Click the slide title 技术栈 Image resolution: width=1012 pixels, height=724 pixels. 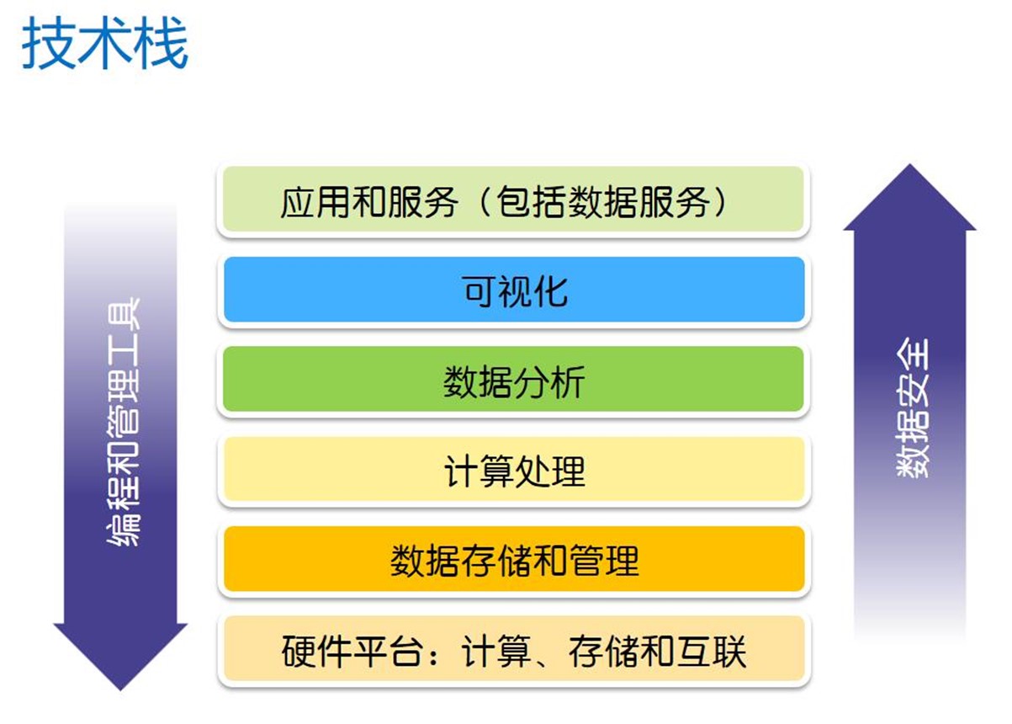click(x=105, y=43)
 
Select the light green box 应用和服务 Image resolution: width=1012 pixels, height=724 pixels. click(x=514, y=199)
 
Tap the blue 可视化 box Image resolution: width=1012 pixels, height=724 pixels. click(x=514, y=290)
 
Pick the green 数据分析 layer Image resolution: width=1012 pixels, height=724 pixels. click(x=514, y=379)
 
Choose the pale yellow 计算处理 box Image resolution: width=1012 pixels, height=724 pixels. click(x=514, y=469)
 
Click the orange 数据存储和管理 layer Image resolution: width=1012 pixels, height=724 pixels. click(x=514, y=559)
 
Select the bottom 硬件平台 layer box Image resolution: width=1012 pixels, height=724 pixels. click(x=514, y=648)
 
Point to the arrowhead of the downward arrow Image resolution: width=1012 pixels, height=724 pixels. click(x=120, y=690)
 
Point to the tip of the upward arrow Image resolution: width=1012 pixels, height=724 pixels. click(x=909, y=164)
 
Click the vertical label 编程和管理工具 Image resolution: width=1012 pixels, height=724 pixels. click(x=124, y=422)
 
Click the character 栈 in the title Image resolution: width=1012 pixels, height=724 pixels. click(x=161, y=43)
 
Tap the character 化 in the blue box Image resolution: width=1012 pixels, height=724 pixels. click(x=549, y=291)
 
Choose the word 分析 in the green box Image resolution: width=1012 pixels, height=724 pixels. click(x=549, y=382)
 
